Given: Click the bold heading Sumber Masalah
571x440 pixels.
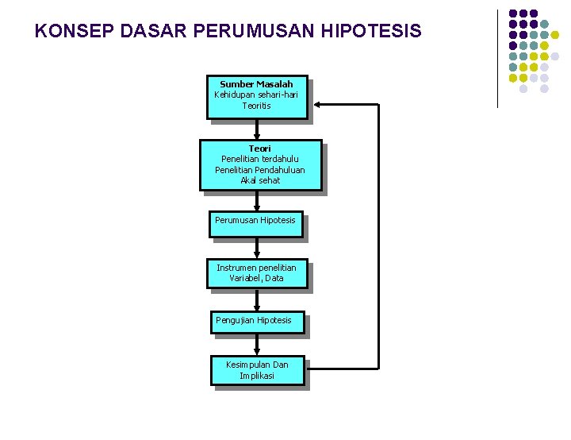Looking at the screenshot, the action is click(256, 84).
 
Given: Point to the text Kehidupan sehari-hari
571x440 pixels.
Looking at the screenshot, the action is click(256, 95).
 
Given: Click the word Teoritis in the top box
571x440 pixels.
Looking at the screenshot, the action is click(256, 105).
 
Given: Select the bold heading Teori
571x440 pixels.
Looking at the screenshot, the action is click(259, 149).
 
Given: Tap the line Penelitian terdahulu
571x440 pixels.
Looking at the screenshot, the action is click(259, 159).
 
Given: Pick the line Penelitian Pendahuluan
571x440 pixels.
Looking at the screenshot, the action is click(259, 170).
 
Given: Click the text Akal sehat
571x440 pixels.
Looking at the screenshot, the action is click(259, 180).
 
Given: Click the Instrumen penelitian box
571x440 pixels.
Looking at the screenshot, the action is click(256, 268).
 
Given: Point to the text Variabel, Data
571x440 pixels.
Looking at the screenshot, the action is click(256, 278).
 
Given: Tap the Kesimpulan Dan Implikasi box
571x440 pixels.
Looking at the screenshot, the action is click(257, 370).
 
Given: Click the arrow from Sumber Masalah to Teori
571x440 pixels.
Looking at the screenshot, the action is click(257, 129).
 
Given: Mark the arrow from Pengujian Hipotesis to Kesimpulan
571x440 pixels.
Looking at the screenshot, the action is click(257, 344).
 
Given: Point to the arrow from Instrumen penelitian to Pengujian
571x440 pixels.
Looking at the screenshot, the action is click(257, 300).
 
